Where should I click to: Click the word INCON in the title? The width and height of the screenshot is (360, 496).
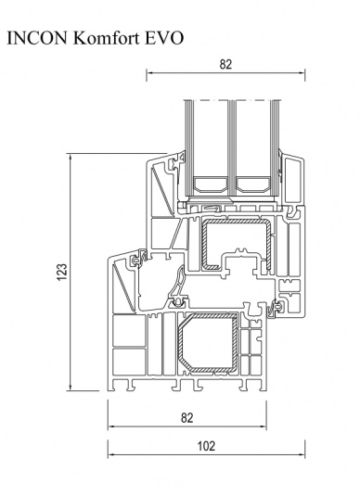(37, 38)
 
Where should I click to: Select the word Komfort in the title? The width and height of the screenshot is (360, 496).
(107, 38)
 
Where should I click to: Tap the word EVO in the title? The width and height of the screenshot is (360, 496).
(164, 38)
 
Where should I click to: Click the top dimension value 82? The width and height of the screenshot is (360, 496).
(225, 64)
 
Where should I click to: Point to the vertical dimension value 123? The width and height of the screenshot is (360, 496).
(62, 272)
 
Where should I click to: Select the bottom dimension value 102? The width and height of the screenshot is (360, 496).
(206, 446)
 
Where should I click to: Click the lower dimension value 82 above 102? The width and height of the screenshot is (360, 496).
(187, 418)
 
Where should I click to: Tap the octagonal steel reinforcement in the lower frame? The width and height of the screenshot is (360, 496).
(208, 342)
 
